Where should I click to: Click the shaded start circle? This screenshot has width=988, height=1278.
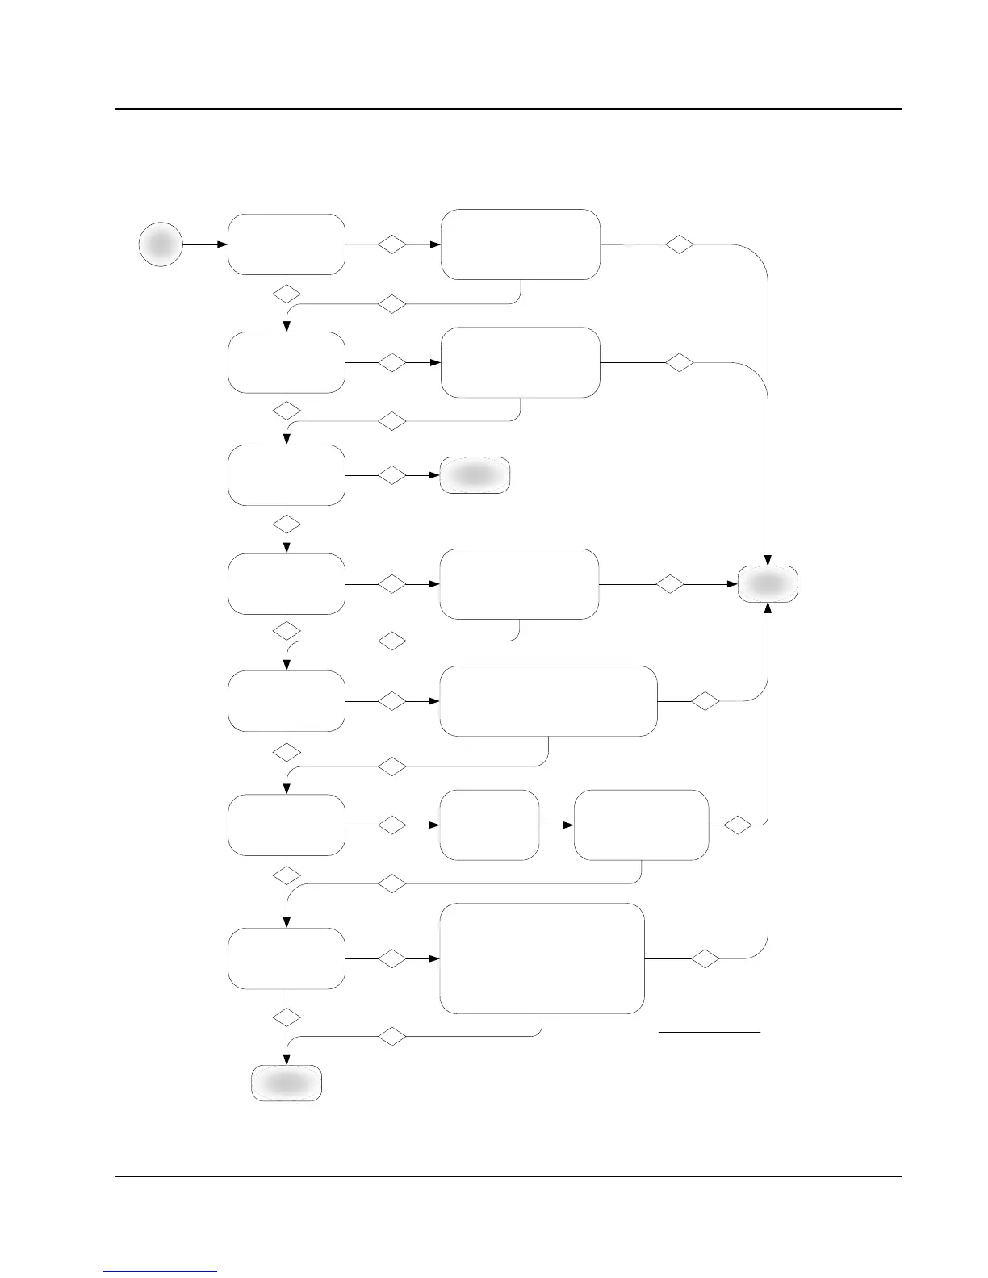coord(161,244)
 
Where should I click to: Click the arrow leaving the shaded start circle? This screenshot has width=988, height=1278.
coord(205,244)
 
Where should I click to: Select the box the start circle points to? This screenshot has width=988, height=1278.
coord(287,244)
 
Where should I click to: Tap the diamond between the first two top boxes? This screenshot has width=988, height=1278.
coord(392,244)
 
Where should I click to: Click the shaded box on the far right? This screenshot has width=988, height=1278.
coord(768,583)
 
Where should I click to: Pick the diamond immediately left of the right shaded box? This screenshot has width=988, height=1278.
coord(670,583)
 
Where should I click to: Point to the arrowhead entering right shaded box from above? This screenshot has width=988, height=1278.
coord(768,560)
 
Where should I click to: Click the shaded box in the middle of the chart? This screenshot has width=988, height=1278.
coord(475,475)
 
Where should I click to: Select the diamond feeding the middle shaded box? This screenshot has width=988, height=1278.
coord(392,475)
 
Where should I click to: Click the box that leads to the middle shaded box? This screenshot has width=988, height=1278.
coord(287,475)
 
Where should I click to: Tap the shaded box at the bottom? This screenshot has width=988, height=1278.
coord(287,1083)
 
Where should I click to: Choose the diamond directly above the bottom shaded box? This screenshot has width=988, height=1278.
coord(287,1017)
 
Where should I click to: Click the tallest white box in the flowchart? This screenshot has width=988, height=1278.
coord(542,958)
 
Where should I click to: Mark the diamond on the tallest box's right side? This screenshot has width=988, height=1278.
coord(705,958)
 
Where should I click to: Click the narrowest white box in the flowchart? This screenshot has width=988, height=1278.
coord(489,825)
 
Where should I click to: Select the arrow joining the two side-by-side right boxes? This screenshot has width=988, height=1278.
coord(556,825)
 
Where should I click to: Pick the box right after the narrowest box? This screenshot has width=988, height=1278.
coord(641,825)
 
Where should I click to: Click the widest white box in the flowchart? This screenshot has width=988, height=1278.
coord(548,701)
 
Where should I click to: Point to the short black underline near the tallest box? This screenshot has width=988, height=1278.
coord(710,1031)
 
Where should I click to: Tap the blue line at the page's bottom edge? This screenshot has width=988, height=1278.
coord(161,1271)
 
